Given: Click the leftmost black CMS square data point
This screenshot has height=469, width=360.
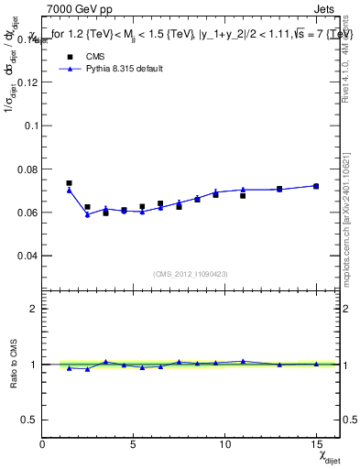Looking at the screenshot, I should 70,183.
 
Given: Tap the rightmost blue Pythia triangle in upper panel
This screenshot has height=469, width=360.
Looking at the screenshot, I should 316,186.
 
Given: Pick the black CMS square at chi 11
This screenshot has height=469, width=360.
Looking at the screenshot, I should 243,195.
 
